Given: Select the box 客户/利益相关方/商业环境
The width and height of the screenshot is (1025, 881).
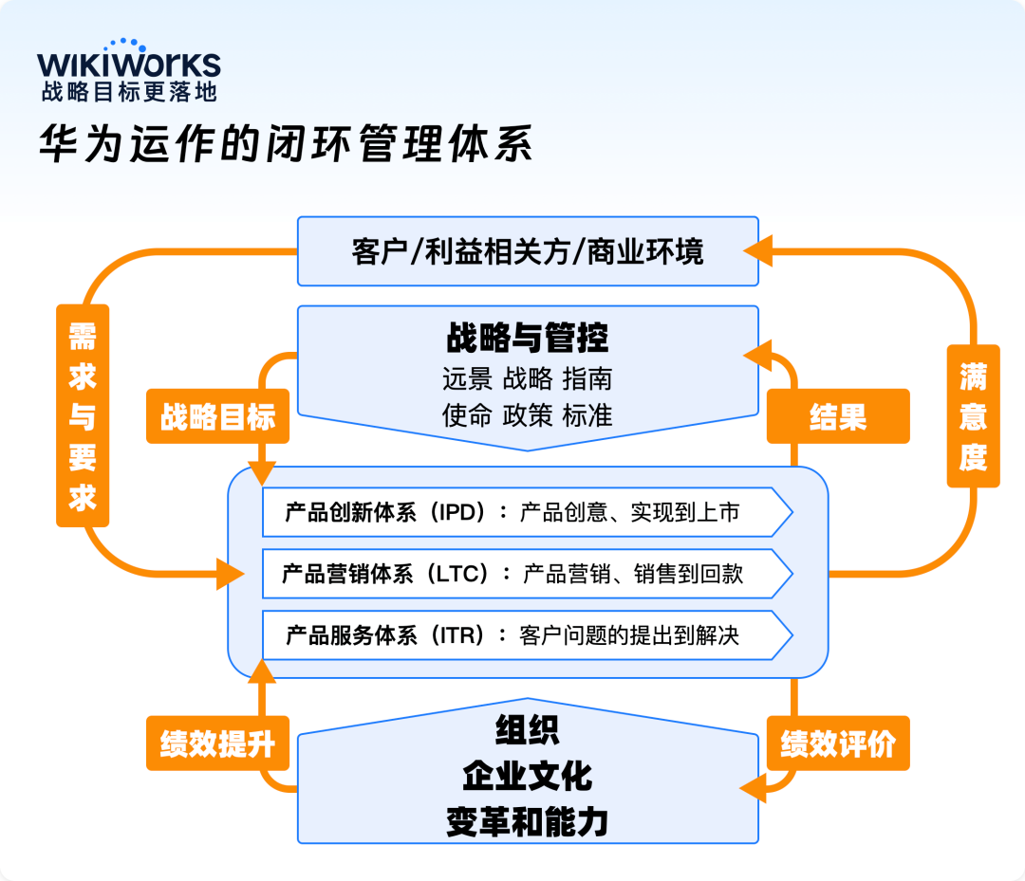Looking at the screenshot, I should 528,251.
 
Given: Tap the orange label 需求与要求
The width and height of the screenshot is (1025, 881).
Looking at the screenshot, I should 83,415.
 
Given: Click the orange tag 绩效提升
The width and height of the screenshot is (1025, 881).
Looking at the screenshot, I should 217,743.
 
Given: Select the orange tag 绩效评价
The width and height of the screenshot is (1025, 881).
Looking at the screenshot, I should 838,743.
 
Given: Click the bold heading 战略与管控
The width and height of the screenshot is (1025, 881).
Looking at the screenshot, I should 528,338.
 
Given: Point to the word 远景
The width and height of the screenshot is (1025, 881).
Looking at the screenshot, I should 467,379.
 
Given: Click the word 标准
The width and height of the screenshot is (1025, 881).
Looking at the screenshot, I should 587,414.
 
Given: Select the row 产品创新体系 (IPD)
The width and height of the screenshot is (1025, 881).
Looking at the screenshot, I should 527,512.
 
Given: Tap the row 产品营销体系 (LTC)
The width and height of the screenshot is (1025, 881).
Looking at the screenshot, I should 527,574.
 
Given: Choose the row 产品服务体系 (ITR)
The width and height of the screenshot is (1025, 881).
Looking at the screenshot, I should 527,634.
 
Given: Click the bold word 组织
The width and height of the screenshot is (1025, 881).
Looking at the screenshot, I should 528,730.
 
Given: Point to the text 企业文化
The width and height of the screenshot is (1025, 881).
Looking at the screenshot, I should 528,776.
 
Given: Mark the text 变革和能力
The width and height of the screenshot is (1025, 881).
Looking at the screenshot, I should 528,821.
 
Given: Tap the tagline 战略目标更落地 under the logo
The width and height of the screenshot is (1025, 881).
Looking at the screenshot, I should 129,92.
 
